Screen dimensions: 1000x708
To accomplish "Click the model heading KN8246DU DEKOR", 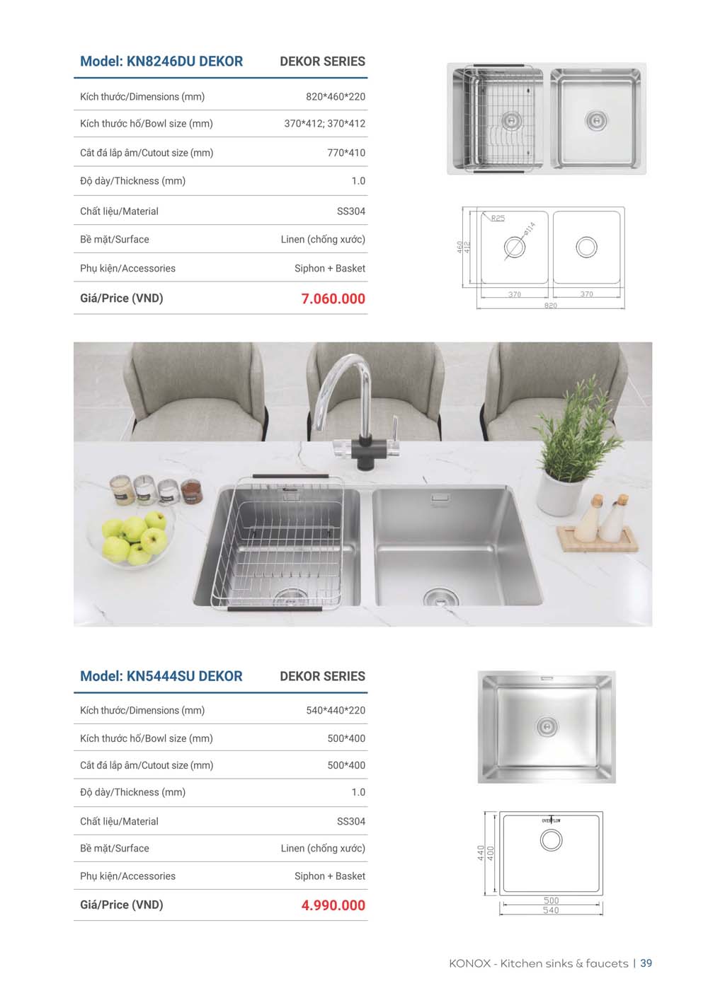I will (161, 62).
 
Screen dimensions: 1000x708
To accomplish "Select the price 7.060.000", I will (333, 299).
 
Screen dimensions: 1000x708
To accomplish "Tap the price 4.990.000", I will (333, 905).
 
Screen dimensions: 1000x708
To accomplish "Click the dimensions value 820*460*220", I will (336, 97).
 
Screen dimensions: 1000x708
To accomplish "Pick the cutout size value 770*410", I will (346, 153).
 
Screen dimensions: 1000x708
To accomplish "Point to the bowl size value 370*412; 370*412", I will (325, 124).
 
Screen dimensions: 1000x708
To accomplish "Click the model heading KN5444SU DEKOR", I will (161, 676).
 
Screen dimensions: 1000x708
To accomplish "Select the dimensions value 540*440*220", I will (336, 711).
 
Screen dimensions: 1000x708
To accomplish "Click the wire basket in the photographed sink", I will (283, 541).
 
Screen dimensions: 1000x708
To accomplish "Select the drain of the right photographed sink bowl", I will (440, 598).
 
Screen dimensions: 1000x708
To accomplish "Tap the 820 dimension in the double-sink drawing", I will (551, 306).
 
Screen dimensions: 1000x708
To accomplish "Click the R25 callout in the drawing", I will (498, 219).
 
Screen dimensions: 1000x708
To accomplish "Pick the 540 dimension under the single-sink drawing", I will (551, 911).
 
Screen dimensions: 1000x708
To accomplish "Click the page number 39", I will (646, 963).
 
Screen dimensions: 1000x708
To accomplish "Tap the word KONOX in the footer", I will (469, 964).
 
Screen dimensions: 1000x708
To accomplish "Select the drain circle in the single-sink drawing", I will (551, 840).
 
